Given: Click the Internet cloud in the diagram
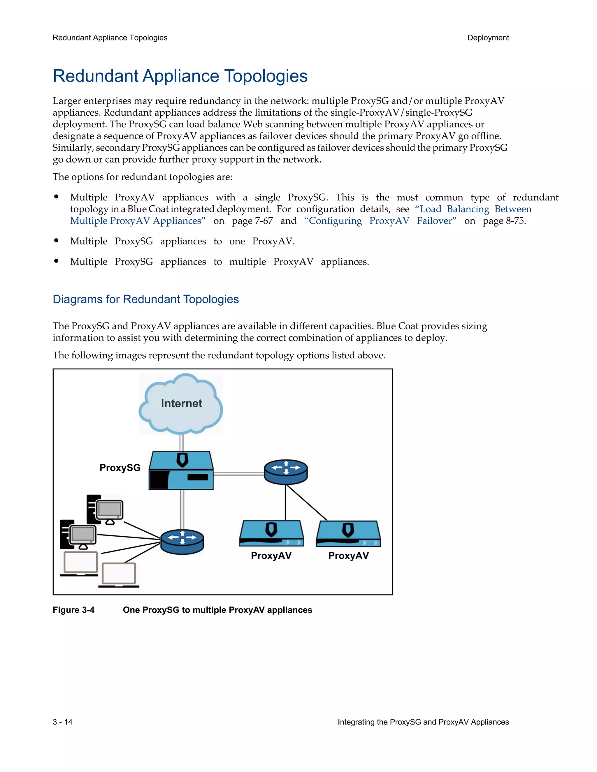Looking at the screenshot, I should click(x=181, y=404).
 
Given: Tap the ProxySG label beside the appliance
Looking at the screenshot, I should click(x=120, y=468).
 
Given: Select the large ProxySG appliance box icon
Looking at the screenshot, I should click(x=181, y=471).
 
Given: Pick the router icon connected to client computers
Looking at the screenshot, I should click(x=182, y=542).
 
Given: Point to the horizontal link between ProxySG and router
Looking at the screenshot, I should click(x=239, y=474).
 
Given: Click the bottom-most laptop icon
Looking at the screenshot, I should click(x=119, y=574).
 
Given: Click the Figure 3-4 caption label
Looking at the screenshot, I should click(x=73, y=610).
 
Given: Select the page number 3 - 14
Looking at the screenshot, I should click(x=63, y=722).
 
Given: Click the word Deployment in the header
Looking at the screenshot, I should click(x=488, y=38).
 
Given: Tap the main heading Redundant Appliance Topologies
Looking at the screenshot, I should click(x=180, y=76).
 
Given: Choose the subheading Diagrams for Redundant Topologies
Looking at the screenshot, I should click(x=146, y=299).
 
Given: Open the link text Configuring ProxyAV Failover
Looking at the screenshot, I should click(x=380, y=221).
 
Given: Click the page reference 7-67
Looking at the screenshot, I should click(x=264, y=221).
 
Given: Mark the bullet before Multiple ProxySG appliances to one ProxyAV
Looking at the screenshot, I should click(x=56, y=241).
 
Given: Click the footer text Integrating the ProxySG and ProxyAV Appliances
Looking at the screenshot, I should click(x=423, y=722).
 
